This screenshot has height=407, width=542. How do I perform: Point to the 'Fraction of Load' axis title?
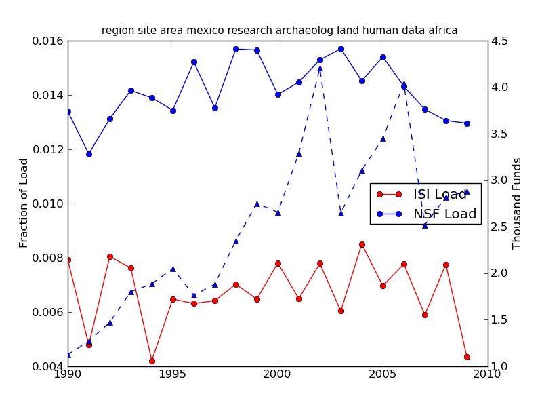click(24, 203)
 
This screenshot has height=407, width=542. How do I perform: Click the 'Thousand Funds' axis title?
click(517, 203)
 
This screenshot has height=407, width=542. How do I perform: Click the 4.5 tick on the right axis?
click(500, 41)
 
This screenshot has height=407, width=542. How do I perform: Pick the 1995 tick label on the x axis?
click(173, 374)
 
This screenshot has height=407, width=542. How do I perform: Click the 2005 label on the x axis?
click(383, 374)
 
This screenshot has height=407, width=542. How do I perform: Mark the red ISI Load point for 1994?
click(152, 361)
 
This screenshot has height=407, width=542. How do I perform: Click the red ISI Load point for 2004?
click(362, 244)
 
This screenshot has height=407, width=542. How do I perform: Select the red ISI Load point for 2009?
click(467, 357)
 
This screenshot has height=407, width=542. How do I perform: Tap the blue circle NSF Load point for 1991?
click(89, 154)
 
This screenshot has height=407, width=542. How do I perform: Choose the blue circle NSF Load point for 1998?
click(236, 49)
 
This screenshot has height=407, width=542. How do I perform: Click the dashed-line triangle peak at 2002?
click(320, 68)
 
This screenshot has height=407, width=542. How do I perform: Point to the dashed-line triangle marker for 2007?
click(425, 225)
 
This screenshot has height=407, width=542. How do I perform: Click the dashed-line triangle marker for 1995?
click(173, 269)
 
